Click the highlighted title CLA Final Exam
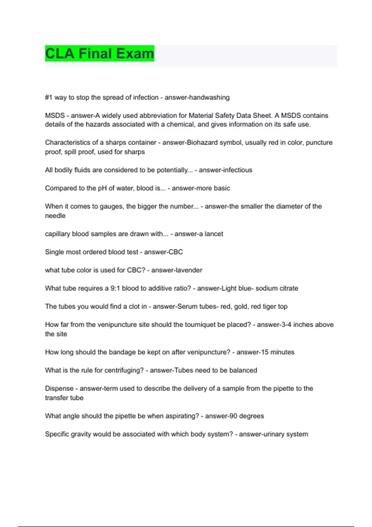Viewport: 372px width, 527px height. coord(100,53)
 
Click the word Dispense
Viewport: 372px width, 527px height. coord(59,388)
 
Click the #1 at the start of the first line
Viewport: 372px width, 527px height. coord(49,97)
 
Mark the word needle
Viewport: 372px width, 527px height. coord(55,216)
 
